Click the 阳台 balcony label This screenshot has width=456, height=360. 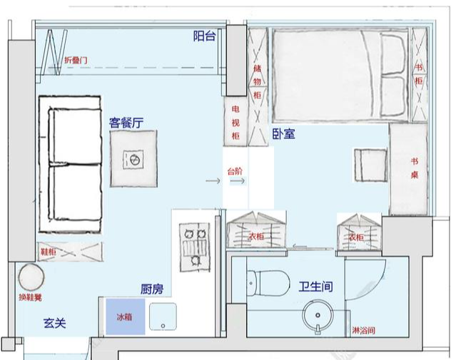[205, 36]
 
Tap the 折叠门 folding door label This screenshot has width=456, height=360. [76, 61]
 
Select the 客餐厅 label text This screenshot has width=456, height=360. [126, 123]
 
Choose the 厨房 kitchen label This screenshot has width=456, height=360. [152, 289]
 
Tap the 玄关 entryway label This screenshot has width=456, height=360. [54, 323]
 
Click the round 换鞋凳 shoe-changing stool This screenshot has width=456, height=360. [31, 277]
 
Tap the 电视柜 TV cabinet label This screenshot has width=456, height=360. [235, 121]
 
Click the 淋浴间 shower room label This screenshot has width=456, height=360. [363, 331]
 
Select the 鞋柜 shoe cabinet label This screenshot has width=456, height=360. [49, 251]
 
